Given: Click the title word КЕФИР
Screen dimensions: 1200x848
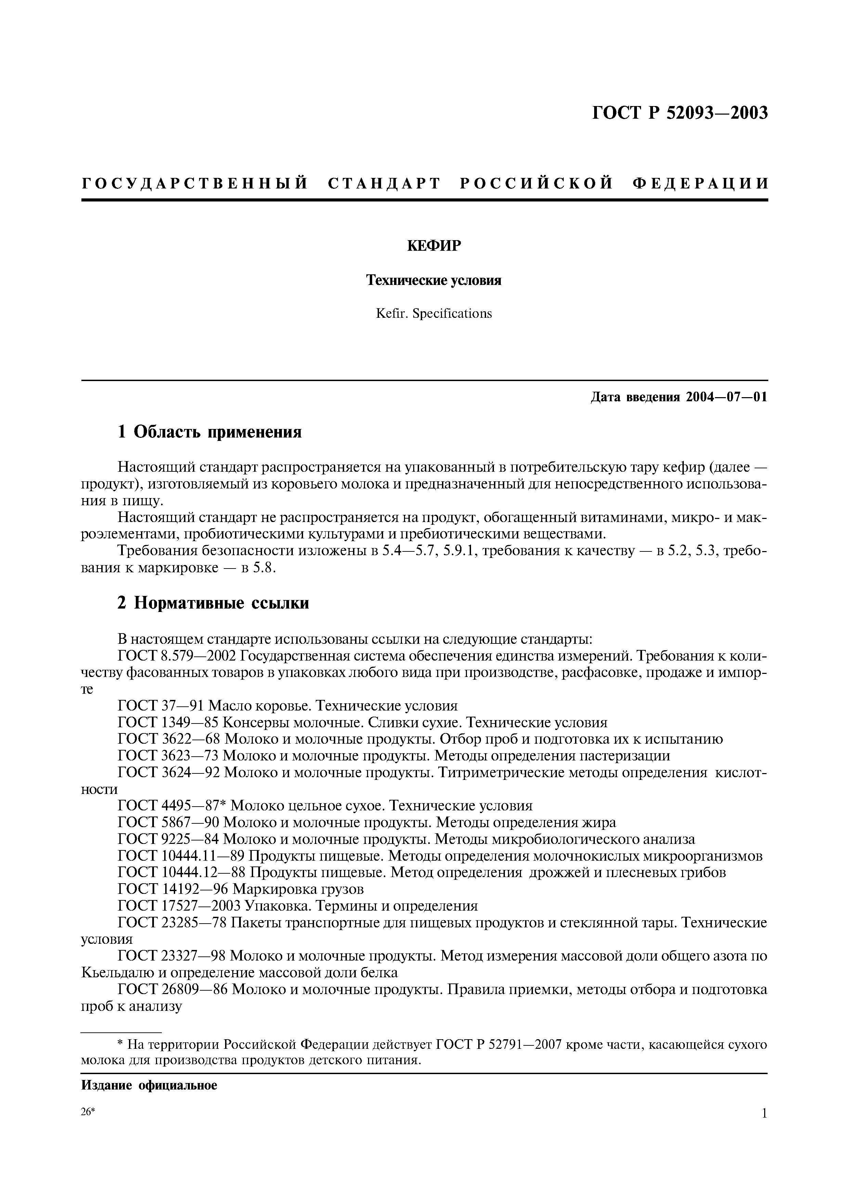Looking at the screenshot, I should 434,246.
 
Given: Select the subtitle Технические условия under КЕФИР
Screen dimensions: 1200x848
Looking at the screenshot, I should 434,281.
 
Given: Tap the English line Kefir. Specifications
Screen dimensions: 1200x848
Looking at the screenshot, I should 434,314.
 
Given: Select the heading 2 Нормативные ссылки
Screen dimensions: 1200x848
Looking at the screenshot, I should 213,603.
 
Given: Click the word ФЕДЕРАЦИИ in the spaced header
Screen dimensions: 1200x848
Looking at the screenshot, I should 700,183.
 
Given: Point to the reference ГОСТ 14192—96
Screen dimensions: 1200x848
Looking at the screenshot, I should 173,888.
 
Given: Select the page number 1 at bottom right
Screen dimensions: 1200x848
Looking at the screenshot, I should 764,1129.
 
